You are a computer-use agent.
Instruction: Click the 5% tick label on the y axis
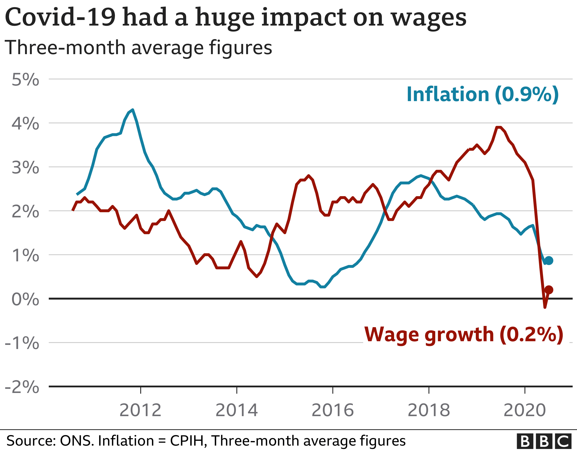25,79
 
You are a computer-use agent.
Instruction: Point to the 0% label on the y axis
25,299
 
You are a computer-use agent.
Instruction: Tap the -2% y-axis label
22,387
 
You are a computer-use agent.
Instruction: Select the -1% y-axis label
22,343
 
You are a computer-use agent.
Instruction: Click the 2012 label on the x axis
140,410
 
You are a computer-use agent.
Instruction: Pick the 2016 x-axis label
332,410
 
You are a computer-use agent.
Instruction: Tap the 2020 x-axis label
524,410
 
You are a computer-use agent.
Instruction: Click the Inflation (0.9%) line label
482,94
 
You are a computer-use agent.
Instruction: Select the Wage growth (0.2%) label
464,335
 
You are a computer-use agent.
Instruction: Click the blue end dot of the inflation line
549,260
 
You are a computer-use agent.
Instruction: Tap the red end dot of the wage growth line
549,290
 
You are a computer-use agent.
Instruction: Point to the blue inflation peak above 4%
132,110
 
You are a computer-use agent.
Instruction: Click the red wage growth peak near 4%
498,128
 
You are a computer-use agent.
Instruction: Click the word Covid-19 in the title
60,18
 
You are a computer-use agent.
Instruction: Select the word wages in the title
429,18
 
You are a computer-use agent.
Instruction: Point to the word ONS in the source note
77,441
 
